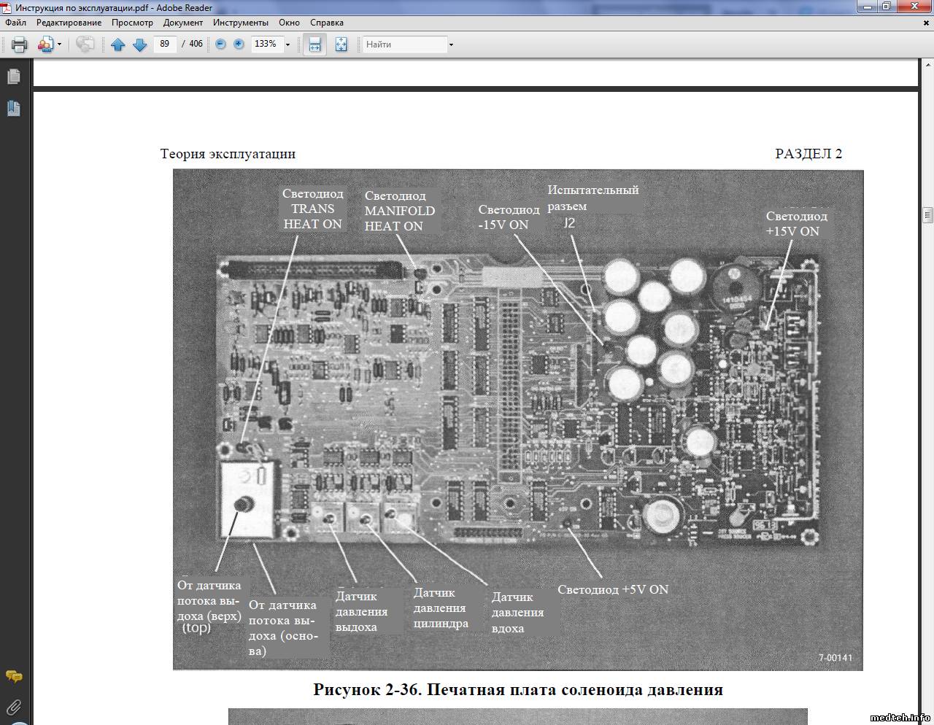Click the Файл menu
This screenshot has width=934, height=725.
15,23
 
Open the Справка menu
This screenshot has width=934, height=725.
327,23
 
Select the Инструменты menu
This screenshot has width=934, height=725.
241,23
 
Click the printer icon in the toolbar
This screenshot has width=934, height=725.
19,44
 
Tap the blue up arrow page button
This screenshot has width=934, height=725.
117,44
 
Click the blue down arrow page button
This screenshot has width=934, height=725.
139,44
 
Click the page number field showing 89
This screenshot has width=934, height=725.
165,44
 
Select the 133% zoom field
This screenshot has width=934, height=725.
266,44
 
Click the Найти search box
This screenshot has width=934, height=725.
405,44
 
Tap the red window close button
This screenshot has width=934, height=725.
914,6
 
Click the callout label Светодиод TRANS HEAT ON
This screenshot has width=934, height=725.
312,209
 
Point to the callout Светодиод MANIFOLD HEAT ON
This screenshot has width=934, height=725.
400,211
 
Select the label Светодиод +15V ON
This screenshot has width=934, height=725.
797,224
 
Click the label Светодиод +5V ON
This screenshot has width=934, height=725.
613,589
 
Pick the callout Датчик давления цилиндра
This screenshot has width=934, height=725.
441,608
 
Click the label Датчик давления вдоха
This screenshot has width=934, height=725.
517,613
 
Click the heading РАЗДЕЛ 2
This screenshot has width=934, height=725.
808,153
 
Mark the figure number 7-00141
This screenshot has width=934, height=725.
835,658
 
